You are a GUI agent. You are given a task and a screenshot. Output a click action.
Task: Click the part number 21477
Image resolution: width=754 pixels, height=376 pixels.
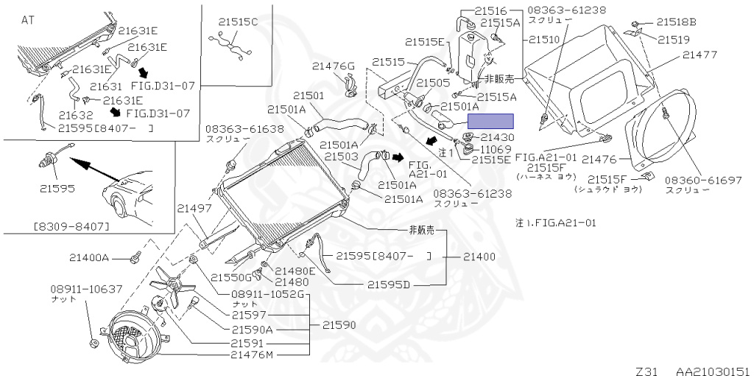coord(700,55)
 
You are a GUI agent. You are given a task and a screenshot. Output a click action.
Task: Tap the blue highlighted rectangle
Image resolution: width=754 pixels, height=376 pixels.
coord(490,122)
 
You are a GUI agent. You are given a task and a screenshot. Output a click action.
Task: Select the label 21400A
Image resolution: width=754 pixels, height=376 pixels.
coord(89,257)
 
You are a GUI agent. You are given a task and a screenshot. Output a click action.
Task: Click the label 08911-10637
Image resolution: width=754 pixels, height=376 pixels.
coord(87,289)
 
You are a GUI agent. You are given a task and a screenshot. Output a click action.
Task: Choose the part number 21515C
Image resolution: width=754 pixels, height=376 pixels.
coord(238,21)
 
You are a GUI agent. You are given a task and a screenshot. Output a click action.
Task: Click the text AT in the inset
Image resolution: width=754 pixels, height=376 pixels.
coord(28,21)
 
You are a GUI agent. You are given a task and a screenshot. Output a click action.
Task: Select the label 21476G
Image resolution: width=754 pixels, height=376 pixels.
coord(334,66)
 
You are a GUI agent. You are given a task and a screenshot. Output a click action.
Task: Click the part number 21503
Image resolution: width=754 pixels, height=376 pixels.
coord(341,157)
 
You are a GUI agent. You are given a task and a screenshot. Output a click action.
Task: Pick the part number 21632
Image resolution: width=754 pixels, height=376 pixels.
coord(76,116)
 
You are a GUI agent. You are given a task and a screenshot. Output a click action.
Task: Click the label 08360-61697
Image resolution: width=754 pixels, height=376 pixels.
coord(703,181)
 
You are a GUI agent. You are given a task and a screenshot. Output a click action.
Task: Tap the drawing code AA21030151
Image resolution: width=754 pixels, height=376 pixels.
coord(714,371)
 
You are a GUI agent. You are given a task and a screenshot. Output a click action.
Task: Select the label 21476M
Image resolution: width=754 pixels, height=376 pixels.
coord(252,355)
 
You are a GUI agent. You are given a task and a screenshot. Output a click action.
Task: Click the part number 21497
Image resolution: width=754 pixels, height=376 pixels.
coord(194,209)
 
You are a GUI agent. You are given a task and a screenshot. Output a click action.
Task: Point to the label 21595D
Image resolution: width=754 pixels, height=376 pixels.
coord(389,285)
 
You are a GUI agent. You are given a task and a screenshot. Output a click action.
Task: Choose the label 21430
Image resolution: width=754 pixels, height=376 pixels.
coord(497,138)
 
